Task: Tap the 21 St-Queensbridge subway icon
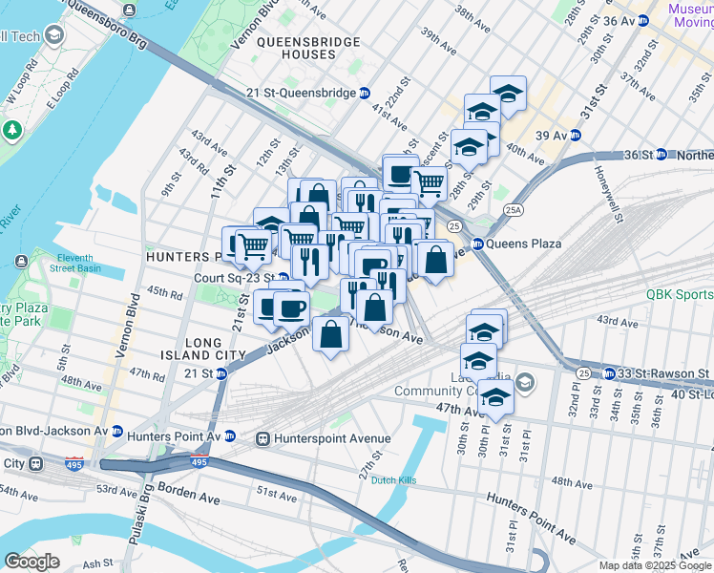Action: [365, 93]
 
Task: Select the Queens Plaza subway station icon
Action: [477, 244]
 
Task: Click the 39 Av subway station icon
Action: [576, 135]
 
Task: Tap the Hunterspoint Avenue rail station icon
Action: [261, 438]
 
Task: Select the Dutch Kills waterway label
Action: [395, 479]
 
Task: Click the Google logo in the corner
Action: [31, 561]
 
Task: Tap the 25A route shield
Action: [514, 209]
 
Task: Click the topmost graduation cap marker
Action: [508, 93]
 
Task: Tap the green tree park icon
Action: [12, 129]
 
